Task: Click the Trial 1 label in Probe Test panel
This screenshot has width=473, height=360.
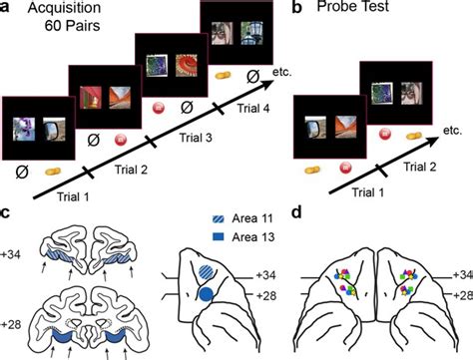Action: (341, 189)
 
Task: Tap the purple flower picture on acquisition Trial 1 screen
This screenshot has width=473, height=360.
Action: (24, 127)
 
